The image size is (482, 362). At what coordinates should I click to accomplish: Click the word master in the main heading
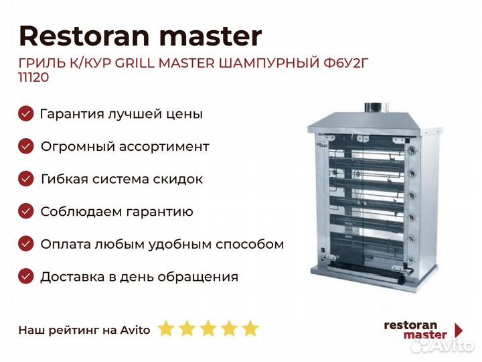pyautogui.click(x=211, y=37)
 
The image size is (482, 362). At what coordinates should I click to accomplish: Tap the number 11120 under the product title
pyautogui.click(x=34, y=77)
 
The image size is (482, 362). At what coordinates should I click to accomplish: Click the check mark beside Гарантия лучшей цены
pyautogui.click(x=26, y=113)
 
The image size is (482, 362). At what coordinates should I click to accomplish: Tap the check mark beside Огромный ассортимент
pyautogui.click(x=26, y=146)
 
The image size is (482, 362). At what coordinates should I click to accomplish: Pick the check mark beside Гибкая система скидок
pyautogui.click(x=26, y=179)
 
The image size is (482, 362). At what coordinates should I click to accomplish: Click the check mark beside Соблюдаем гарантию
pyautogui.click(x=26, y=211)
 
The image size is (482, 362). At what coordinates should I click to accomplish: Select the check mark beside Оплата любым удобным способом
pyautogui.click(x=26, y=244)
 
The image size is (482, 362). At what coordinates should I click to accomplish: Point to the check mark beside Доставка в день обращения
pyautogui.click(x=26, y=276)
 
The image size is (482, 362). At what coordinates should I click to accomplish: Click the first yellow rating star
pyautogui.click(x=166, y=328)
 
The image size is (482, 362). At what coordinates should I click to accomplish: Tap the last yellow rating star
pyautogui.click(x=250, y=328)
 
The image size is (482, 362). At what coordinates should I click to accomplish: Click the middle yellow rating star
pyautogui.click(x=208, y=328)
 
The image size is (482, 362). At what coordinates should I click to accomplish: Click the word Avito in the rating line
pyautogui.click(x=135, y=330)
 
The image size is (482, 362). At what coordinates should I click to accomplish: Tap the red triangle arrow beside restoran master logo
pyautogui.click(x=459, y=330)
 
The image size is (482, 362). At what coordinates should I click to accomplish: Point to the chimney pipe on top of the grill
pyautogui.click(x=373, y=108)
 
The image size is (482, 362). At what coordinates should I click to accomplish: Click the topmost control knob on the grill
pyautogui.click(x=411, y=151)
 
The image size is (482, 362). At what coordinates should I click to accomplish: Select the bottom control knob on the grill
pyautogui.click(x=410, y=261)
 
